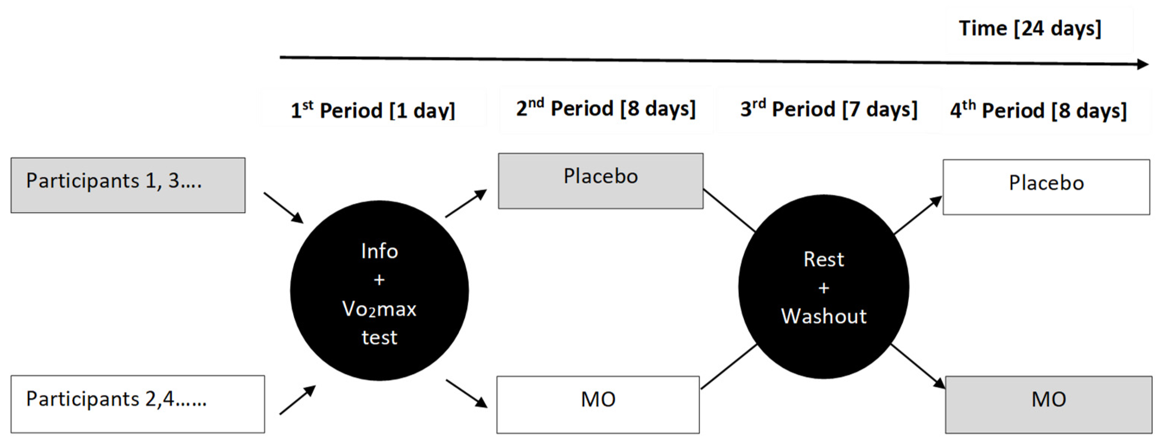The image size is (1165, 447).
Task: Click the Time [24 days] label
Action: click(1030, 29)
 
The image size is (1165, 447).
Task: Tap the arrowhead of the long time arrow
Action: click(1142, 64)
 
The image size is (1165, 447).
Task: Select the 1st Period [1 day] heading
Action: click(373, 110)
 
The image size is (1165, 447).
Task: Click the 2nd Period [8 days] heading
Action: click(606, 109)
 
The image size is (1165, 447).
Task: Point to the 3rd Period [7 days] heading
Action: click(828, 110)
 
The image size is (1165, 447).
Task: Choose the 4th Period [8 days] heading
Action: click(1038, 111)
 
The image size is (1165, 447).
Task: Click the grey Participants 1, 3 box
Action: click(128, 185)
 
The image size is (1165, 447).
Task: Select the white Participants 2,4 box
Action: click(137, 404)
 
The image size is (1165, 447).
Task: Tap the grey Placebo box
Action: click(600, 181)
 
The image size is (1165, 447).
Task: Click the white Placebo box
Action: click(1046, 187)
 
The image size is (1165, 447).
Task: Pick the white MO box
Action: click(598, 404)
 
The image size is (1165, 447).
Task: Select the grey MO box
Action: click(1048, 404)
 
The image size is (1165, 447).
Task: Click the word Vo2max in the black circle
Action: click(379, 310)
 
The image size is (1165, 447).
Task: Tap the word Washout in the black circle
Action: click(824, 316)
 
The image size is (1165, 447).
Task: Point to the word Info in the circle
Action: click(379, 251)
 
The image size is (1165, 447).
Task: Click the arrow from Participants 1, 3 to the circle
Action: click(284, 208)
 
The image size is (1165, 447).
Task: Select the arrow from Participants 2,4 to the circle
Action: click(297, 400)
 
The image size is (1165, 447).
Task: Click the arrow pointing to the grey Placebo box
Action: click(466, 204)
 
